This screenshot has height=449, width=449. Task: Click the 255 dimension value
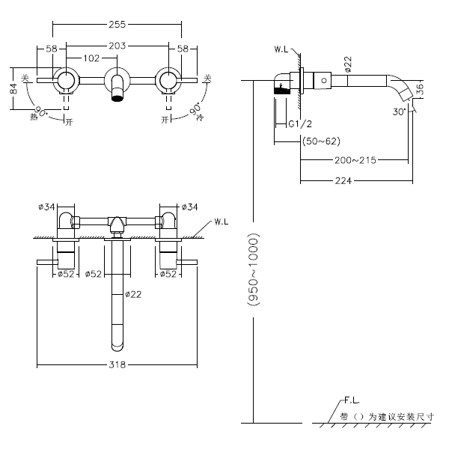[x=117, y=24]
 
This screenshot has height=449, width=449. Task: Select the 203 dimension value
[x=117, y=46]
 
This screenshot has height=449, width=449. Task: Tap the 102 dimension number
[x=91, y=58]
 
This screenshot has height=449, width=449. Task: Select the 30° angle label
[x=399, y=111]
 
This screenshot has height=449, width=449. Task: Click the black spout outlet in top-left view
[x=116, y=97]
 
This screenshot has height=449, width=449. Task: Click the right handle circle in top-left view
[x=167, y=80]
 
